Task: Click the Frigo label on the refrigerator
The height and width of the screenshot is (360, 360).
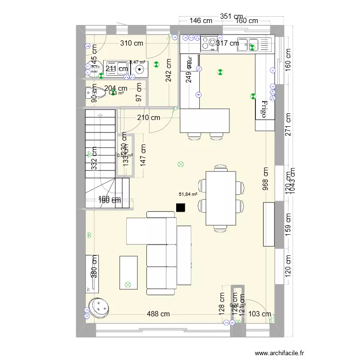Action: (x=264, y=109)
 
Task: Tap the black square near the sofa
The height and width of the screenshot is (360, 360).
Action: (x=180, y=207)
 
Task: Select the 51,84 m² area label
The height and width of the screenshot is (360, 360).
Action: (x=188, y=194)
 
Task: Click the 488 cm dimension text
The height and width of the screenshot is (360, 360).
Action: (x=158, y=314)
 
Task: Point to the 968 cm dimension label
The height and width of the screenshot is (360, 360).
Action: (x=265, y=179)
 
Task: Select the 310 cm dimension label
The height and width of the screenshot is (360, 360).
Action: (x=132, y=43)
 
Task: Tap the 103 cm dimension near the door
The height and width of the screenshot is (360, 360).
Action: (x=260, y=314)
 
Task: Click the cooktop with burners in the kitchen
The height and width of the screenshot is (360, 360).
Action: (x=209, y=44)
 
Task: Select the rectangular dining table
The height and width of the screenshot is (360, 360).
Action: (x=221, y=198)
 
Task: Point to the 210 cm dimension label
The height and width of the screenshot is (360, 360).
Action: (x=149, y=117)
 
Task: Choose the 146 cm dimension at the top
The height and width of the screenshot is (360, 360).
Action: (x=201, y=21)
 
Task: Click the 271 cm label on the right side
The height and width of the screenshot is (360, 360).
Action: (x=288, y=125)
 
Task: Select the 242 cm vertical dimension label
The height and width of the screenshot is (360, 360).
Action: (x=169, y=71)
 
